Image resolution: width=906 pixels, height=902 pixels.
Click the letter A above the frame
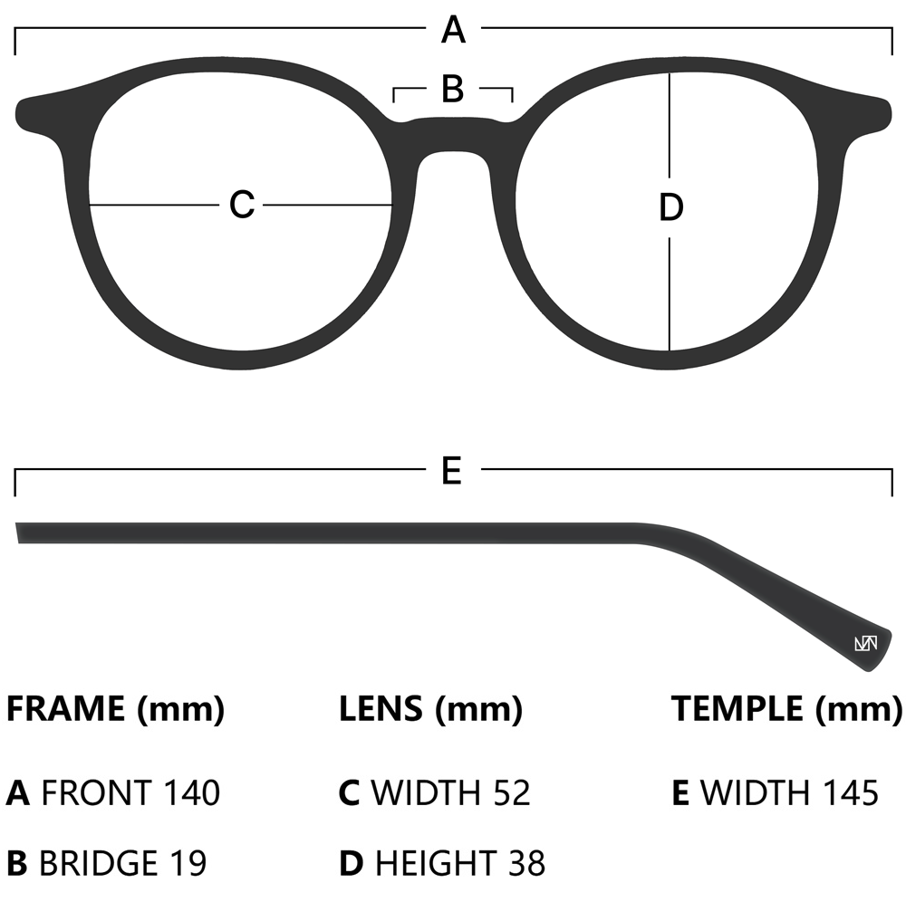coord(453,31)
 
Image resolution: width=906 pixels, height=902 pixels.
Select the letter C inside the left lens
coord(241,205)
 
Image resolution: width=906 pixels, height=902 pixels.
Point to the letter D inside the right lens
coord(670,208)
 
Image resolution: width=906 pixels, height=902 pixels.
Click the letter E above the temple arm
coord(452,471)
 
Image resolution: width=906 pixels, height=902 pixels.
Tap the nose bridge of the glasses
coord(453,136)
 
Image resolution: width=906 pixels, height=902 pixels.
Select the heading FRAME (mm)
coord(115,708)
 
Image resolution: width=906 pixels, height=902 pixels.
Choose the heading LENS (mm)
coord(430,708)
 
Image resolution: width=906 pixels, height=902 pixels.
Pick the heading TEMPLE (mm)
coord(786,708)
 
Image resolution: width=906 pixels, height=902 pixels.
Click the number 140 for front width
coord(191,793)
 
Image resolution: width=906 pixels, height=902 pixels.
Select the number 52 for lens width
coord(511,793)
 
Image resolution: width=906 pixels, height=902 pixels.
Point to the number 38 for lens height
coord(526,863)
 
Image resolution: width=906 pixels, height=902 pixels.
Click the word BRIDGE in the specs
coord(99,863)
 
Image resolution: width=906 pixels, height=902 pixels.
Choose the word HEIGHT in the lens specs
coord(434,863)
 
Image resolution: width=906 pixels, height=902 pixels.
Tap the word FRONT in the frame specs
coord(96,793)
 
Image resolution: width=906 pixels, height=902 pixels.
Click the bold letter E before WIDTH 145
coord(680,793)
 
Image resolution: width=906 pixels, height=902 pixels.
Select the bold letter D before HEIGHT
coord(351,863)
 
